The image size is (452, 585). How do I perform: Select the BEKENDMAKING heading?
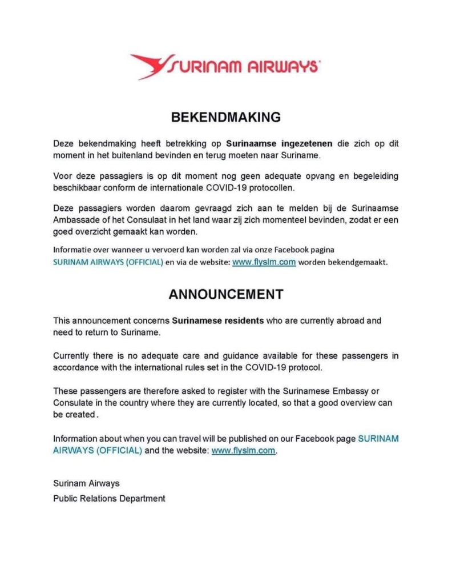click(226, 117)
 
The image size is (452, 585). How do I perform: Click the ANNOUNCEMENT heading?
click(226, 294)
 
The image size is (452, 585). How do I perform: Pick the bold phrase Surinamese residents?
click(219, 320)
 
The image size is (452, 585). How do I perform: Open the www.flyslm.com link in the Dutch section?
click(264, 263)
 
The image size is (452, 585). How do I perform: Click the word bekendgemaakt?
click(359, 263)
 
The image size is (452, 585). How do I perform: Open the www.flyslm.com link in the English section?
click(244, 450)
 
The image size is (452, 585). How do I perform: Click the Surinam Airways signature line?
click(86, 483)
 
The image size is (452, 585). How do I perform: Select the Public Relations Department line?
click(109, 498)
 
